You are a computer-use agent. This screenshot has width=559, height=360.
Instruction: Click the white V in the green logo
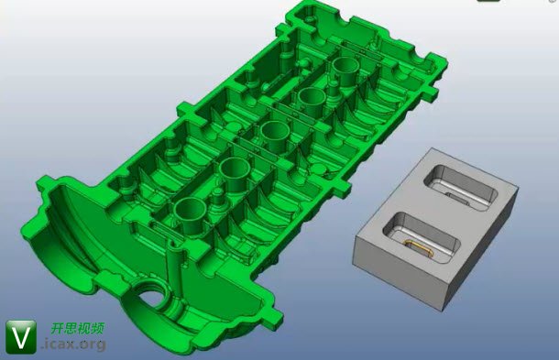pyautogui.click(x=21, y=337)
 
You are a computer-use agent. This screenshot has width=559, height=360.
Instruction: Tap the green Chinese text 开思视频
pyautogui.click(x=77, y=328)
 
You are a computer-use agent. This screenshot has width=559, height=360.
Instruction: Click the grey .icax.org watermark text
pyautogui.click(x=74, y=344)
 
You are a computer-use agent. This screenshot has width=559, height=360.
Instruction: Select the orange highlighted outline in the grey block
pyautogui.click(x=418, y=247)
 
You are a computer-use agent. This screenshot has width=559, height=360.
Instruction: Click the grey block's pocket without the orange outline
pyautogui.click(x=460, y=188)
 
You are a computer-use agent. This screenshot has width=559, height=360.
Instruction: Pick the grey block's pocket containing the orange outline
pyautogui.click(x=421, y=236)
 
